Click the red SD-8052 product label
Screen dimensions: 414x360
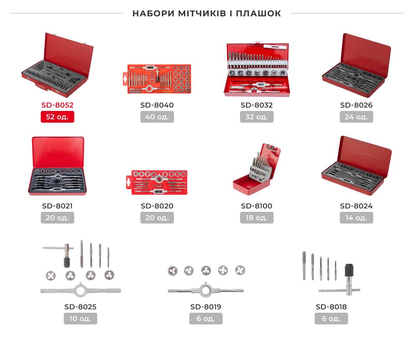(x=57, y=105)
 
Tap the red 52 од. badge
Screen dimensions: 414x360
(x=57, y=117)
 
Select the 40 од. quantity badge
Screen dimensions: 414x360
(x=157, y=117)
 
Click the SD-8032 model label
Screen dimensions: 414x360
(x=257, y=105)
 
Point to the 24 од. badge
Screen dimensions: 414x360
(x=356, y=117)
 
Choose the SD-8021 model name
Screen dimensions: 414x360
(x=57, y=206)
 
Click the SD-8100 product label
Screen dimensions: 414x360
(x=257, y=206)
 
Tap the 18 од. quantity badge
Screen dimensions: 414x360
(x=257, y=218)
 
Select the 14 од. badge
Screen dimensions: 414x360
(x=356, y=218)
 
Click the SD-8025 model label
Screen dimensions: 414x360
(x=81, y=307)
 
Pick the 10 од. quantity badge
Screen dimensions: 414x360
(x=81, y=319)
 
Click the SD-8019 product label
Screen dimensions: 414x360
(x=206, y=307)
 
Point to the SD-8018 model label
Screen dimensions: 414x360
(x=331, y=307)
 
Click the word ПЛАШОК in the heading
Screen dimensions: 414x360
(x=258, y=13)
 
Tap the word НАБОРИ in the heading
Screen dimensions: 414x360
(x=153, y=13)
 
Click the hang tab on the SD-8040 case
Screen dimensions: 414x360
(x=125, y=78)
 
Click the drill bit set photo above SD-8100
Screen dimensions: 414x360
(x=257, y=169)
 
